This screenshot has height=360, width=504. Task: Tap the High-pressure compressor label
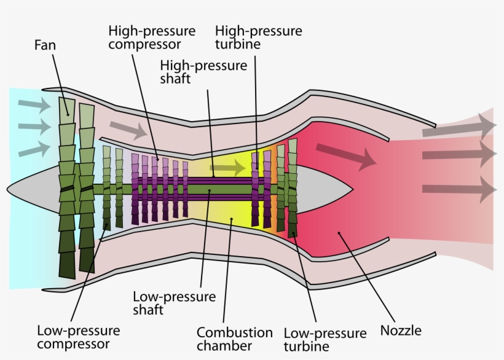tap(152, 37)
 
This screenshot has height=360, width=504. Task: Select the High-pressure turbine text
tap(258, 37)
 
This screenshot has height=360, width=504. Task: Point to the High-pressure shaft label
tap(203, 71)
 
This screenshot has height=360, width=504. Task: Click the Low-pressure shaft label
tap(175, 303)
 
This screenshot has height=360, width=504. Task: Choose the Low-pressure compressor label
tap(78, 337)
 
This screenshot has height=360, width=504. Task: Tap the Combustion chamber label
tap(234, 338)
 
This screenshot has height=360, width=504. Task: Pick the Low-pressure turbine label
tap(325, 340)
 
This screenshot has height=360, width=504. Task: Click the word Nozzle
tap(401, 331)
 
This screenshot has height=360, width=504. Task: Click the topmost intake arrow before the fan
tap(34, 106)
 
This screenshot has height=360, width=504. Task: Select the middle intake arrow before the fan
tap(34, 127)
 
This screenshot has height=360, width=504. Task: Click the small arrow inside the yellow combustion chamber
tap(227, 166)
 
